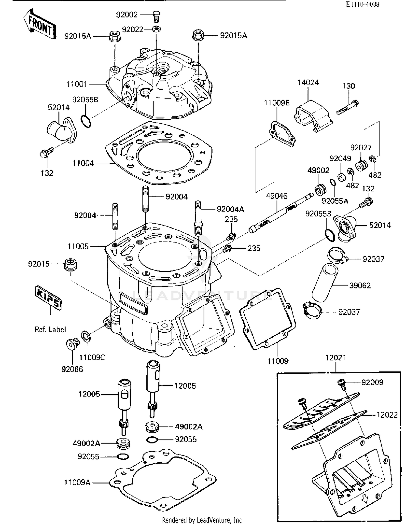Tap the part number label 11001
77,84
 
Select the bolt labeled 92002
156,16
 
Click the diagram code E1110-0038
362,4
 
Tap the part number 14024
308,82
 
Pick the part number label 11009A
77,482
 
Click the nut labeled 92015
71,264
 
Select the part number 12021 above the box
335,358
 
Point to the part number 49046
277,196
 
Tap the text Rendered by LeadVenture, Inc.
202,520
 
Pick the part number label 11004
83,163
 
